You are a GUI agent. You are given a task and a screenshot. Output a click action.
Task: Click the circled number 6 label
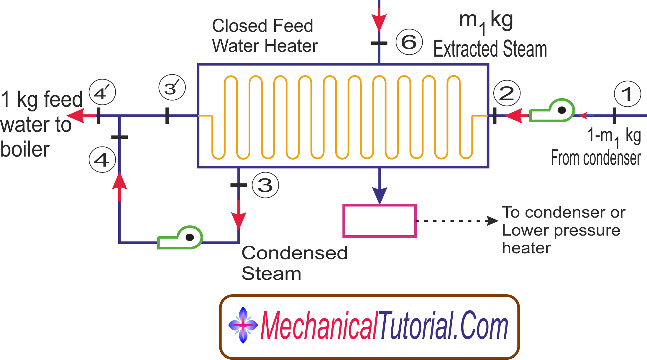(409, 42)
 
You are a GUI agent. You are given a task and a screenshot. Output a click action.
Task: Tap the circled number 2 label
(507, 93)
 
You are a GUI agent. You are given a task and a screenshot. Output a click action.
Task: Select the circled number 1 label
(627, 94)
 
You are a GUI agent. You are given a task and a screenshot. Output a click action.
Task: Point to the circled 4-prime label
(102, 92)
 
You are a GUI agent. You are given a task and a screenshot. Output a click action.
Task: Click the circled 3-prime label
(172, 87)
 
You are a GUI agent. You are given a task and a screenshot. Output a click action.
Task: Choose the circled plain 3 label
(265, 185)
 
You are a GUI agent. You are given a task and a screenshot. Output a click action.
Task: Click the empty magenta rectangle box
(380, 221)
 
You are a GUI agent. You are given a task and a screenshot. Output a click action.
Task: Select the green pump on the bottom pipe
(180, 238)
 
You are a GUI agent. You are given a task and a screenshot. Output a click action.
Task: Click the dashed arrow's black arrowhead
(492, 221)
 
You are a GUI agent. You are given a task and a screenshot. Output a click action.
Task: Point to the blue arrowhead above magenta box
(380, 195)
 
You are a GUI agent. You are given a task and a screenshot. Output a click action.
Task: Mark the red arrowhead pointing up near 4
(119, 181)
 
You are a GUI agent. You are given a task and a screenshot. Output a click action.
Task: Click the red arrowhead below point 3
(239, 220)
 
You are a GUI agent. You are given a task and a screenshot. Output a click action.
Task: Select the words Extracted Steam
(490, 49)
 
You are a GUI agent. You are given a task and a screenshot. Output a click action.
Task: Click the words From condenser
(596, 158)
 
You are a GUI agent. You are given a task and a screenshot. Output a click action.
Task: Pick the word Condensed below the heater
(295, 253)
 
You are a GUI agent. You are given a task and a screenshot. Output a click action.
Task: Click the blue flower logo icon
(243, 325)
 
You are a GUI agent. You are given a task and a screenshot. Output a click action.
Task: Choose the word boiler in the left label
(25, 149)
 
